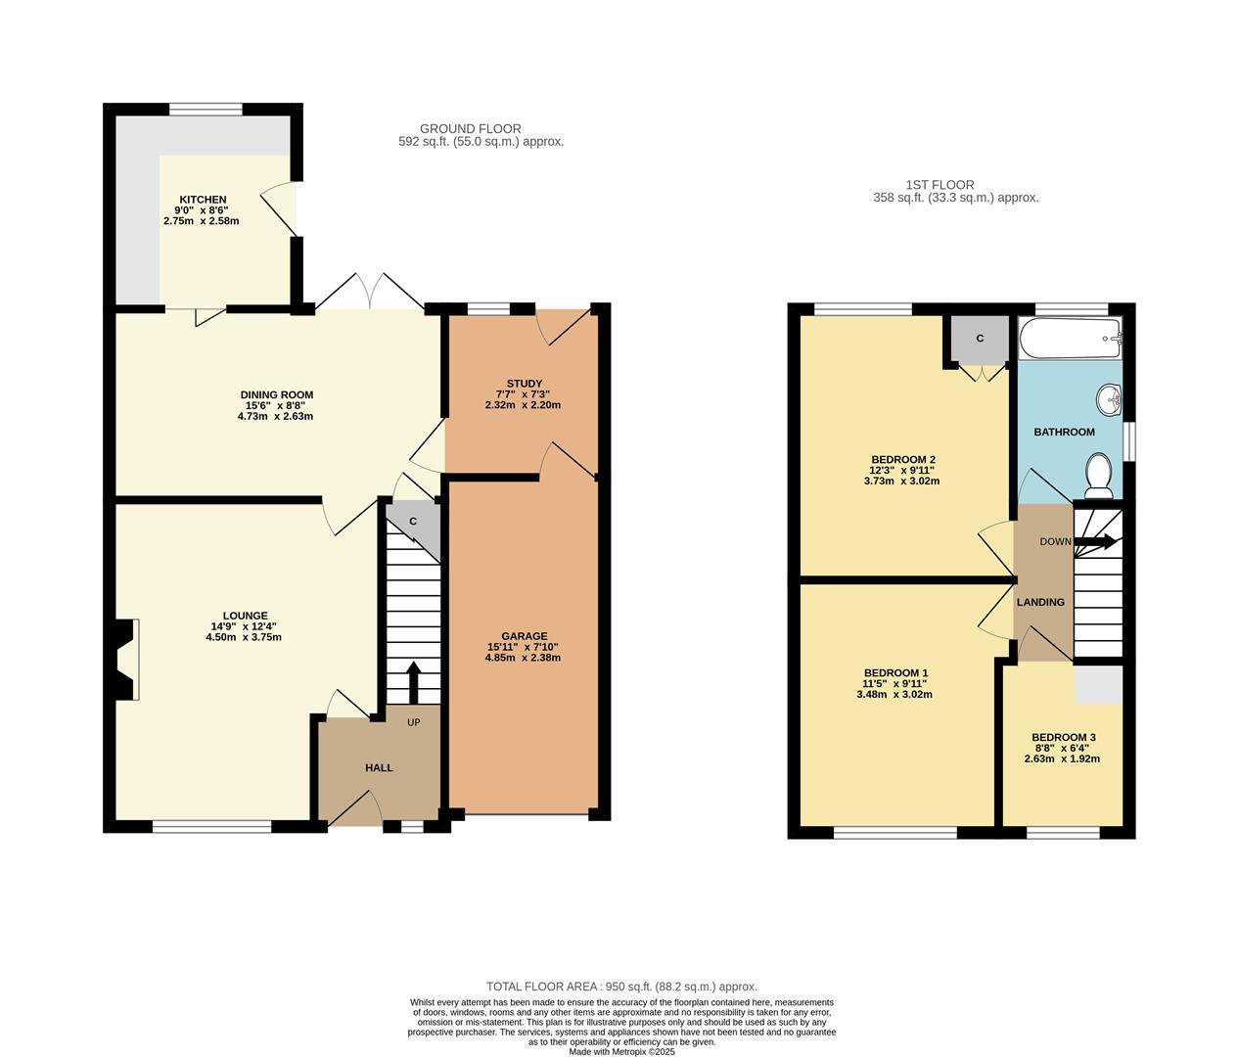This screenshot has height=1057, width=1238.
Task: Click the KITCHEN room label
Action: [x=204, y=200]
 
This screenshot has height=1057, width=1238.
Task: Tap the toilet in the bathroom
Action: [x=1098, y=476]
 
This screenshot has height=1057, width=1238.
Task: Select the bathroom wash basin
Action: [x=1109, y=398]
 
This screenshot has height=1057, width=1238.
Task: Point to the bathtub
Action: [x=1070, y=339]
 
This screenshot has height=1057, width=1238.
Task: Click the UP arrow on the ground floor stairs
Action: [x=413, y=682]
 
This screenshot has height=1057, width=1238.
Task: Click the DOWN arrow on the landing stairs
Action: [x=1095, y=542]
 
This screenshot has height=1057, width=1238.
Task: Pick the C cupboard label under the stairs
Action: [x=413, y=521]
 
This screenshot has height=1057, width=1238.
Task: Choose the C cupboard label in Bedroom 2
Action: [x=980, y=339]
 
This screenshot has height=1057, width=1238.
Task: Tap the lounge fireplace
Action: [x=124, y=659]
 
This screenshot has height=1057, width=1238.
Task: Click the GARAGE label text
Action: [x=525, y=636]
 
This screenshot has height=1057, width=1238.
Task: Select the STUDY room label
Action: [x=524, y=384]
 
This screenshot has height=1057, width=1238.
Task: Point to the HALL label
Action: [x=379, y=767]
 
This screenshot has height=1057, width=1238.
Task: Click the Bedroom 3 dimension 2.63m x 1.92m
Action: [x=1062, y=758]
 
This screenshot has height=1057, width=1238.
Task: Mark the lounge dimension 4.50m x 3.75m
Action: [x=243, y=637]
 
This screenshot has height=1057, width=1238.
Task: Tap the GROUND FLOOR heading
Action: [x=470, y=129]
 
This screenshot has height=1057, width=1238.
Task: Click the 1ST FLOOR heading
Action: [x=940, y=185]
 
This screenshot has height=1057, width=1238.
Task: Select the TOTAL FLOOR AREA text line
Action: [x=621, y=987]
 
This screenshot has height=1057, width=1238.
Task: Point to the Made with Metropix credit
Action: [x=621, y=1051]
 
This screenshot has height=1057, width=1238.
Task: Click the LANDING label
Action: [x=1040, y=602]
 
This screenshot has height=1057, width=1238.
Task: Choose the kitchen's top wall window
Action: [x=206, y=109]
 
